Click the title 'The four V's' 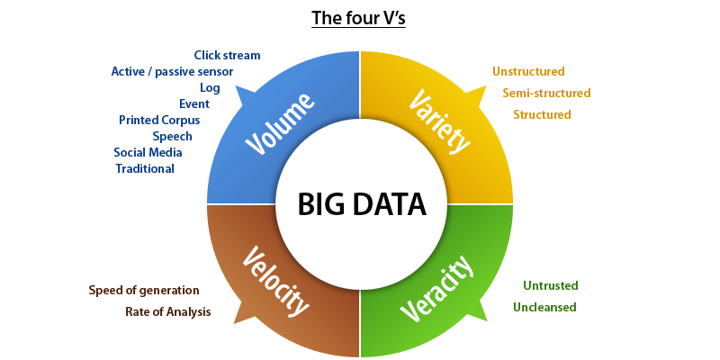359,18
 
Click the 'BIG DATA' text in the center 361,204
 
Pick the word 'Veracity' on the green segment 438,288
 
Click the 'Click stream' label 227,55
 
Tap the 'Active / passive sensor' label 172,71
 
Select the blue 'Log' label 210,87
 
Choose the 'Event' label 194,103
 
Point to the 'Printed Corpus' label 159,120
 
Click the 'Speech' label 172,136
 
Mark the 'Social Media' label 148,152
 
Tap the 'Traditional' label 145,168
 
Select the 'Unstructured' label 528,71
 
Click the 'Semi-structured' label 546,93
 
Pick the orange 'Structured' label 542,114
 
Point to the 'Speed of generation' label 144,290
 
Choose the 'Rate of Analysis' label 167,311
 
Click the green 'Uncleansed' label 544,307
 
